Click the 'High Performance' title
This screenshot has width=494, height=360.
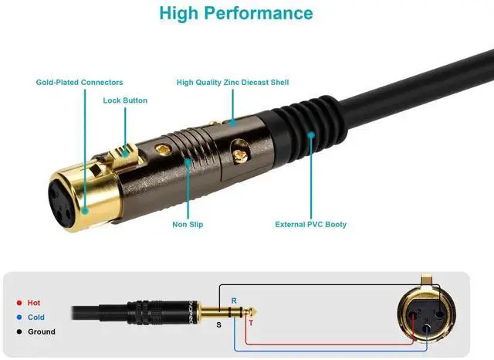(236, 13)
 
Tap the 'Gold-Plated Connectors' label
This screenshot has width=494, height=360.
(80, 83)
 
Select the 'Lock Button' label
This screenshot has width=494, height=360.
(125, 100)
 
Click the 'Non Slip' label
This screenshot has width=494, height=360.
(188, 225)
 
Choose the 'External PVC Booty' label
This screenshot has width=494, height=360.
(311, 225)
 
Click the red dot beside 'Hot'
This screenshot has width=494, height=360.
(18, 303)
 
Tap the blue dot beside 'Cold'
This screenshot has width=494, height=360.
(18, 318)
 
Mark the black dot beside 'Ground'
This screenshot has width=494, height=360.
(18, 332)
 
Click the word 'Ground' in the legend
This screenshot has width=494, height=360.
(42, 332)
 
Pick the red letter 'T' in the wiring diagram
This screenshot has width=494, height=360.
(250, 324)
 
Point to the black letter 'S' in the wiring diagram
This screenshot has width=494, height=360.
(218, 325)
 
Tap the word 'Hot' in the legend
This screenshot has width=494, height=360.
(34, 303)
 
